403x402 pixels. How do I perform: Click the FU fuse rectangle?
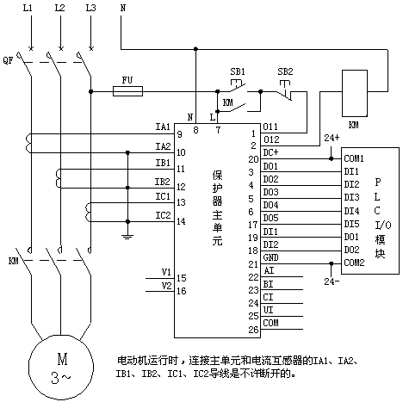pos(127,91)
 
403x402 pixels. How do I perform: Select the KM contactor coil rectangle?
pos(355,93)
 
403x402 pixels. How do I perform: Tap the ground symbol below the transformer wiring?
pos(127,237)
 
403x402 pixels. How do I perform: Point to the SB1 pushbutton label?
pos(238,71)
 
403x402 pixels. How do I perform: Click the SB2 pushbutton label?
pos(285,71)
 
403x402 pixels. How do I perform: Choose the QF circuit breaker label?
pos(8,60)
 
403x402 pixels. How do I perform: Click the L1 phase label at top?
pos(28,8)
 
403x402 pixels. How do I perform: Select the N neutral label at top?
pos(123,8)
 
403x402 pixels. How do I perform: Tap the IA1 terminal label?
pos(163,127)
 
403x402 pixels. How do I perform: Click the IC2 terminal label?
pos(163,215)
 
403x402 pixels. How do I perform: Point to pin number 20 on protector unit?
pos(254,159)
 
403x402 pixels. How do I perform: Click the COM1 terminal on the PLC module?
pos(354,158)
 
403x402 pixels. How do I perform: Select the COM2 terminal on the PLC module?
pos(354,263)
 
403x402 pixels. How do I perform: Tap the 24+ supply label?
pos(332,138)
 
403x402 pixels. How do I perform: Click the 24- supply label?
pos(332,281)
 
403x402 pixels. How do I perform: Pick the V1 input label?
pos(166,272)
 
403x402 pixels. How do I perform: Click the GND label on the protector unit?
pos(270,257)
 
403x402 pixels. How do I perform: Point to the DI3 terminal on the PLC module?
pos(351,197)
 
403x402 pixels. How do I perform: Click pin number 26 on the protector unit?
pos(254,330)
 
